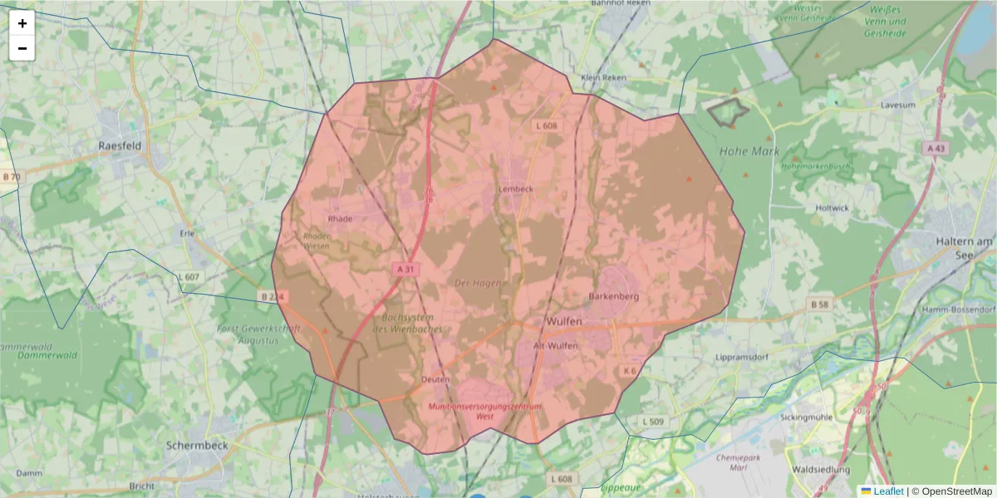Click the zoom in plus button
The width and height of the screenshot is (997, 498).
click(x=22, y=23)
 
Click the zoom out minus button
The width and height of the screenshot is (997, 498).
click(x=22, y=48)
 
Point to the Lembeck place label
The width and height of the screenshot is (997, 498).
click(x=515, y=188)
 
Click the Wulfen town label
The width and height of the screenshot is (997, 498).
click(x=565, y=320)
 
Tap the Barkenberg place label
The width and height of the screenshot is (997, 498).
click(x=612, y=295)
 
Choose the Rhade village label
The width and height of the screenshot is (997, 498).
click(x=341, y=219)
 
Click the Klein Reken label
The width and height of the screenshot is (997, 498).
click(x=604, y=77)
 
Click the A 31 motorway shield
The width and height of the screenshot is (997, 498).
click(x=405, y=269)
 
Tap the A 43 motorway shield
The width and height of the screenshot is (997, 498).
click(x=935, y=148)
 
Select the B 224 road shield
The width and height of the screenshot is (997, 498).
click(x=272, y=296)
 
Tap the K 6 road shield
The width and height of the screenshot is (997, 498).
click(x=629, y=370)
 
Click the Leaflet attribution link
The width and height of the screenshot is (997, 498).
click(x=888, y=491)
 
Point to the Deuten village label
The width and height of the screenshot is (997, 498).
click(x=435, y=379)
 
